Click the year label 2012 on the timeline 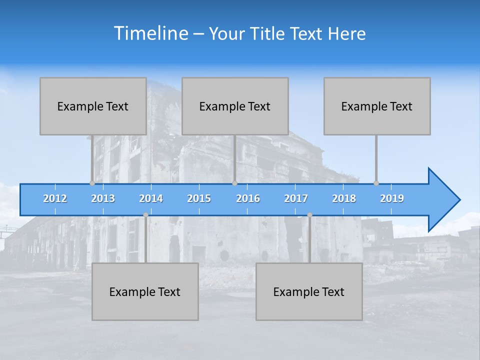tap(55, 198)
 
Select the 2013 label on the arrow tap(103, 198)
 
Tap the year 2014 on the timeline tap(151, 198)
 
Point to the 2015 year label tap(199, 198)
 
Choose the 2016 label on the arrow tap(248, 198)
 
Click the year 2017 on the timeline tap(296, 198)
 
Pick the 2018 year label tap(344, 198)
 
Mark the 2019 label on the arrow tap(392, 198)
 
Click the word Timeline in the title tap(150, 33)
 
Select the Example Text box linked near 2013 tap(93, 106)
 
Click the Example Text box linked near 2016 tap(235, 106)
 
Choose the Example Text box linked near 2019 tap(377, 106)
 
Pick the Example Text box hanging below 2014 tap(145, 291)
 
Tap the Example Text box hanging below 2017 tap(309, 291)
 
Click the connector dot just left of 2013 tap(92, 183)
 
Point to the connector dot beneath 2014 tap(145, 214)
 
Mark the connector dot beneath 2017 tap(309, 214)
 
